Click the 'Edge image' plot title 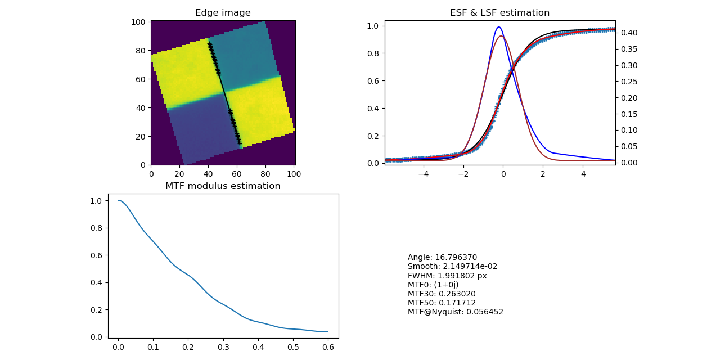[x=223, y=13]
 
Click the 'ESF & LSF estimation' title [x=499, y=13]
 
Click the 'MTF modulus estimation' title [x=223, y=186]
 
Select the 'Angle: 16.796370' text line [x=442, y=258]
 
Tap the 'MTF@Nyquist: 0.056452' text [x=455, y=312]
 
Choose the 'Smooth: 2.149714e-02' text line [x=452, y=267]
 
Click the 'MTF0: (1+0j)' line [x=433, y=285]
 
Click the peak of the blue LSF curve [x=499, y=27]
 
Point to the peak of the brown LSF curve [x=501, y=37]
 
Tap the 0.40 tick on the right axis [x=625, y=33]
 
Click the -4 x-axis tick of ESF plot [x=424, y=174]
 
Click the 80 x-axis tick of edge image [x=265, y=174]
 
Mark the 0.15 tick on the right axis [x=625, y=114]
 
